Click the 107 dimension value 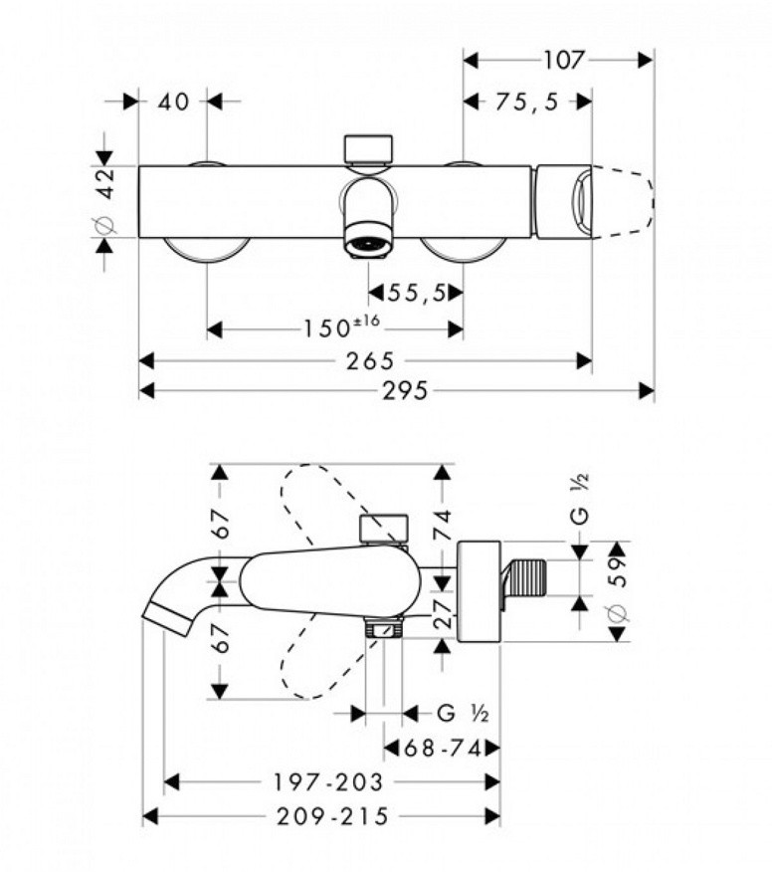coord(563,60)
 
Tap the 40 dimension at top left coord(173,102)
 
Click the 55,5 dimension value coord(416,293)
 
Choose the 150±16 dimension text coord(341,327)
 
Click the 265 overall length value coord(370,361)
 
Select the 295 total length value coord(405,391)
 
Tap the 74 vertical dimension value coord(443,525)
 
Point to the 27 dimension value coord(444,614)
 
